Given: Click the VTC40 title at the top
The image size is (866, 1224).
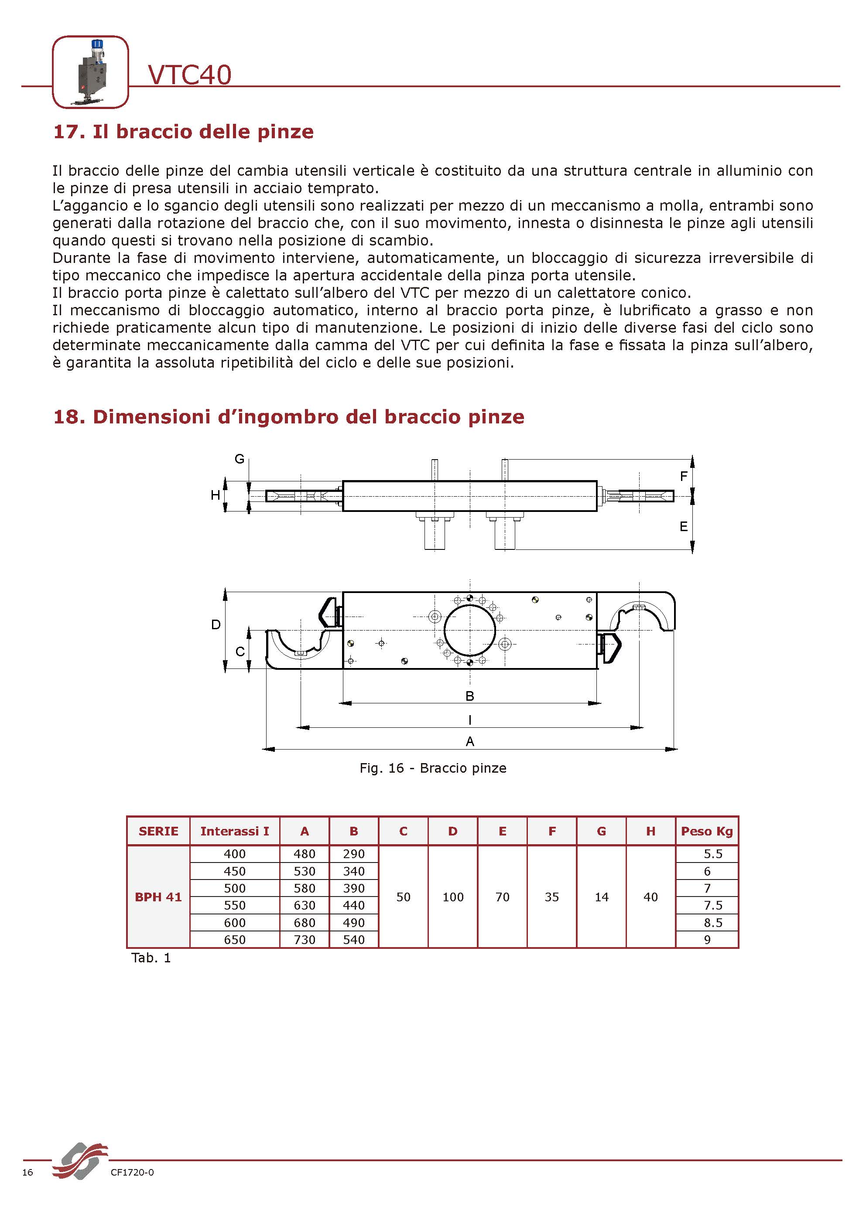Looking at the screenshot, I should pos(189,75).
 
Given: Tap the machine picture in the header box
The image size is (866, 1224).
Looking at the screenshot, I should pos(90,72).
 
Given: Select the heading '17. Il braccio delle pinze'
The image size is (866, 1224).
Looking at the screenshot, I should pos(183,132).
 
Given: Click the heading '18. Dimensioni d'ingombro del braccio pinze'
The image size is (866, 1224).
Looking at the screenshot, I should pos(288,416).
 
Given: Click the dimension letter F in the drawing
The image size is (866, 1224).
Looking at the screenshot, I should pos(684,476).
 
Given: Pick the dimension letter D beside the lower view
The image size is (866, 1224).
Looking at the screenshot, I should pos(216,624).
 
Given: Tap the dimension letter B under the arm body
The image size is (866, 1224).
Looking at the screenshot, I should pos(470,696).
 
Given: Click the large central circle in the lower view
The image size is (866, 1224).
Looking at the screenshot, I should pos(470,630).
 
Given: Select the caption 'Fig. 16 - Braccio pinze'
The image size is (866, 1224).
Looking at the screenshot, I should pos(432,767).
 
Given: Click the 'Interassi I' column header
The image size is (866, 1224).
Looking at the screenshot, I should pos(235,831).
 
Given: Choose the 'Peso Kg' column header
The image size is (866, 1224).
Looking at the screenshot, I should pos(707,831).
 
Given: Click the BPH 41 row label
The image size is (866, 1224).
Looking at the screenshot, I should pos(158,897).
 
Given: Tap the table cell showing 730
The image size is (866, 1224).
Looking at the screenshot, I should pos(305,940).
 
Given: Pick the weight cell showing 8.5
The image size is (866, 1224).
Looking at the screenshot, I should pos(713,923).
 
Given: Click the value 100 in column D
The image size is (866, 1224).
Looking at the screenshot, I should pos(453,897).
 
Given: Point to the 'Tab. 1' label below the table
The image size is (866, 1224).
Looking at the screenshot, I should pos(151,958).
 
